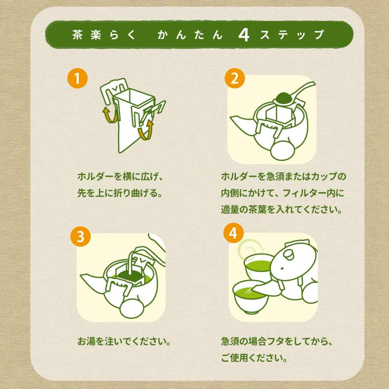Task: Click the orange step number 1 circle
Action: point(77,78)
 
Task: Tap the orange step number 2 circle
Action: point(235,78)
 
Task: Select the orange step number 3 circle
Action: point(81,236)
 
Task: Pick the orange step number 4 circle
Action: point(233,233)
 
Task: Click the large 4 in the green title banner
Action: point(244,35)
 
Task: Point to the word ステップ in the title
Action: point(292,35)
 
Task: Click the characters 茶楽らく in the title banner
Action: point(104,35)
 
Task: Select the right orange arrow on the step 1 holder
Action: point(145,130)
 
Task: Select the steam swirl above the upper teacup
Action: point(249,249)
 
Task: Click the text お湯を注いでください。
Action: point(124,341)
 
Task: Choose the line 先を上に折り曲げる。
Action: point(120,193)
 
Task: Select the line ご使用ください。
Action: point(254,358)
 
